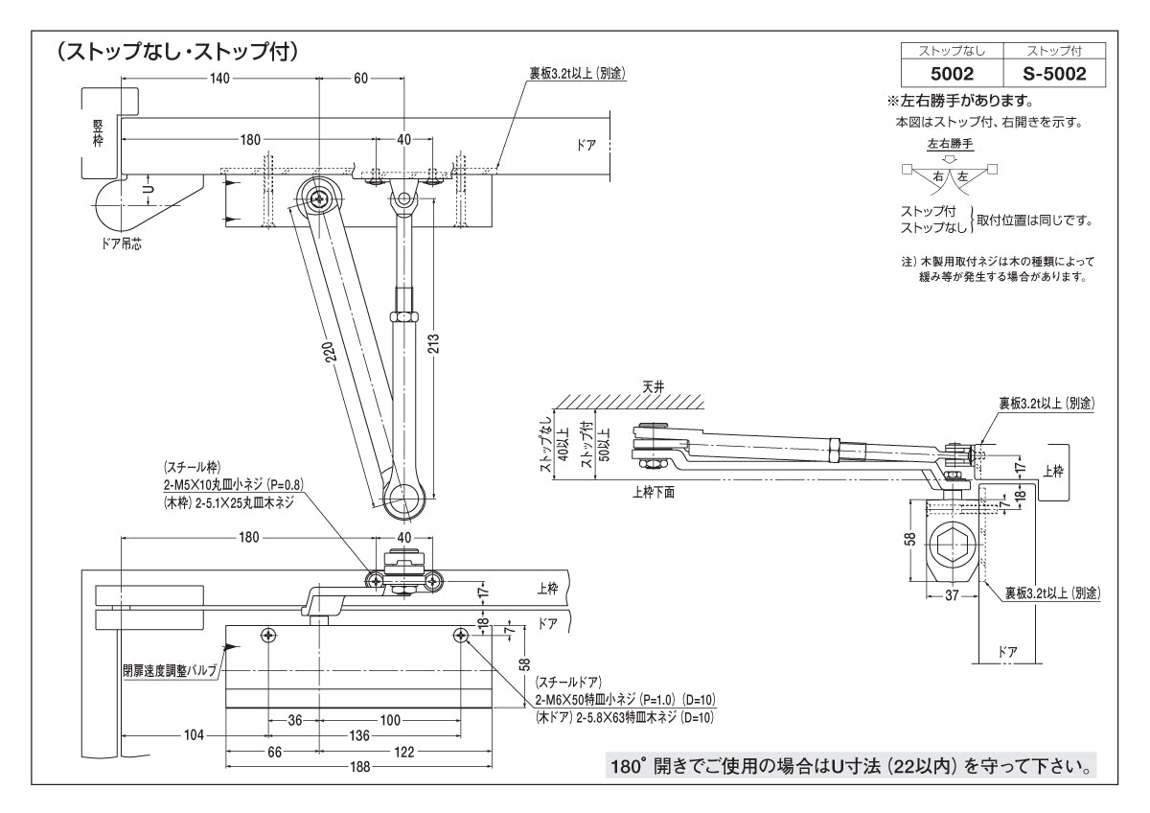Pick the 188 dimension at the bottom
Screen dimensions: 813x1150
pyautogui.click(x=359, y=767)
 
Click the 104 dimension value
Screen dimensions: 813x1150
pyautogui.click(x=194, y=735)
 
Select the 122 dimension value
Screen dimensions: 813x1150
pyautogui.click(x=403, y=752)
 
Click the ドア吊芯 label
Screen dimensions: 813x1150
pyautogui.click(x=122, y=244)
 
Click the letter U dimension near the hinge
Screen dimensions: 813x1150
pyautogui.click(x=147, y=191)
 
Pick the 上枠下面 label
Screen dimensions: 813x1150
pyautogui.click(x=655, y=493)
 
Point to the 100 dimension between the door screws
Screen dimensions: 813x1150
pyautogui.click(x=390, y=720)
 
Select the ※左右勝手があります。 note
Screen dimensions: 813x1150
pyautogui.click(x=963, y=101)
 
